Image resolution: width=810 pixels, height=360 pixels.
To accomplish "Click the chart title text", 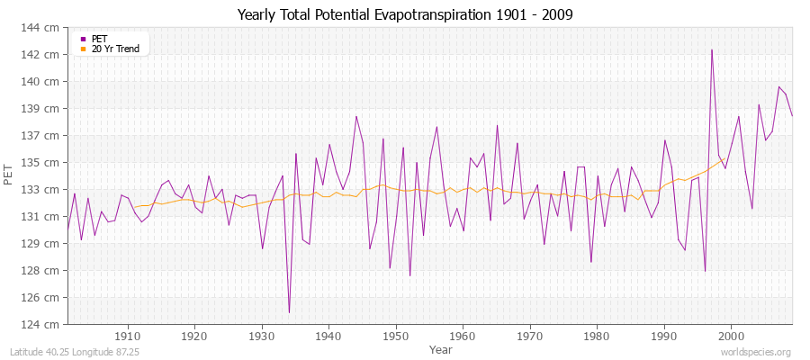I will tap(405, 15).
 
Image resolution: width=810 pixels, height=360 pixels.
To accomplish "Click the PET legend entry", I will tap(99, 39).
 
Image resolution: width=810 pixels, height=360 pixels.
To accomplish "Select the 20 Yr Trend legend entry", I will tap(115, 49).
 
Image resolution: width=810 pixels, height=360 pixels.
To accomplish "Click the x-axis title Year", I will tap(441, 348).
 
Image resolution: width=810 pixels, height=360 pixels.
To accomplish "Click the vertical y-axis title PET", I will tap(10, 176).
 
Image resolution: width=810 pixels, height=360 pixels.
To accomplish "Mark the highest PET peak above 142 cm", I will tap(712, 49).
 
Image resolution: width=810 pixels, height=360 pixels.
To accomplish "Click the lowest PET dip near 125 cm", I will tap(289, 312).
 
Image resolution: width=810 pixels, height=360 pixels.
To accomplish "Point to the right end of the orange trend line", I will tap(724, 158).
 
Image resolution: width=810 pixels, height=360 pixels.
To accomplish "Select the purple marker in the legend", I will tap(84, 39).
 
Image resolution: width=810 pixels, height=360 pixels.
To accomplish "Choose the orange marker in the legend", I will tap(84, 49).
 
